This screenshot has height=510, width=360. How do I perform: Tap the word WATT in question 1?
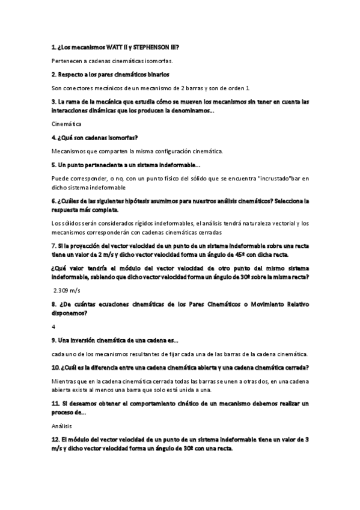point(111,47)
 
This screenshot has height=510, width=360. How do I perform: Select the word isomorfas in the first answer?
point(158,61)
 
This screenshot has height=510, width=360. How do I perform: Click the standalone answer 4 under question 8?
point(53,327)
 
